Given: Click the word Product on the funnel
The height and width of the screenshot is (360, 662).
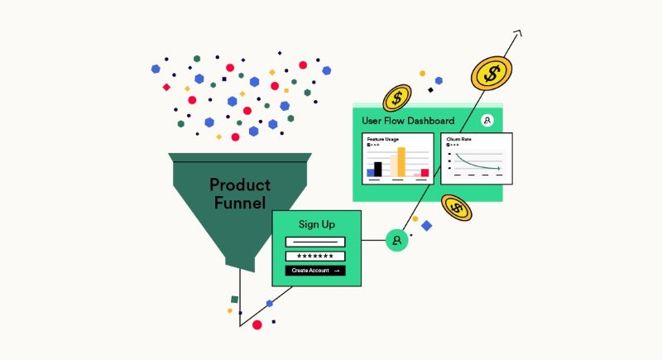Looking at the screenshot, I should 240,185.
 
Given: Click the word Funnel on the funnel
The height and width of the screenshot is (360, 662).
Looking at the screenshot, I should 238,203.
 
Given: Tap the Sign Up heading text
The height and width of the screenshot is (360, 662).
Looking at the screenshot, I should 317,224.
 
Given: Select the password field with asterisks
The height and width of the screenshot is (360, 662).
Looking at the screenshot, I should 315,257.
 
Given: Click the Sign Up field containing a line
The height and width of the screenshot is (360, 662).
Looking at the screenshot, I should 315,242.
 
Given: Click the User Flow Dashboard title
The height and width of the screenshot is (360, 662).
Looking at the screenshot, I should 408,121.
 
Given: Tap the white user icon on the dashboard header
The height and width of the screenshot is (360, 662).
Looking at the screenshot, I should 487,121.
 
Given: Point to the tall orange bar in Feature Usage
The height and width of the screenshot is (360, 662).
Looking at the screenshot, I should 401,162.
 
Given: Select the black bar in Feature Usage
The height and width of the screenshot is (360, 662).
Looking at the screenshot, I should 378,169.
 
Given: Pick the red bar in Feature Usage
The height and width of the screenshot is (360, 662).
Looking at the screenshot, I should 425,172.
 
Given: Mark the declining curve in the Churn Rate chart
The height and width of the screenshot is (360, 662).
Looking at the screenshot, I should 476,162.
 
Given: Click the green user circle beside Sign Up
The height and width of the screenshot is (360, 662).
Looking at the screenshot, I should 397,241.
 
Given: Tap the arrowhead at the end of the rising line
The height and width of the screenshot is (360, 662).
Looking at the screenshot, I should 517,34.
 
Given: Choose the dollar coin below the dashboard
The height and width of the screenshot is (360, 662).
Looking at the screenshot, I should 456,207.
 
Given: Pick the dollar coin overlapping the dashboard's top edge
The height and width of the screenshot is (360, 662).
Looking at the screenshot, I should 397,99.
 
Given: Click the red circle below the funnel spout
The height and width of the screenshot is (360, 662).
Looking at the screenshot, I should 257,325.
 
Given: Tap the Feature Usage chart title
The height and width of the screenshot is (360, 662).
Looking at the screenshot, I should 382,139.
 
